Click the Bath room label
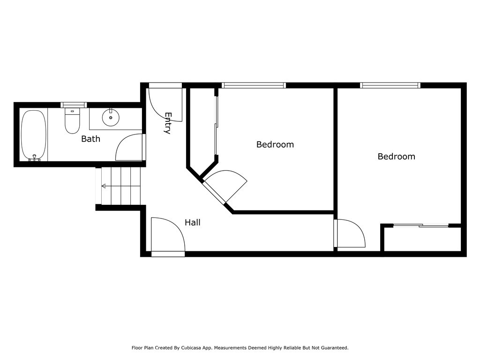click(90, 139)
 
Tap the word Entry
click(168, 123)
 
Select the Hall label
click(193, 222)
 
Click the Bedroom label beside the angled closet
click(275, 144)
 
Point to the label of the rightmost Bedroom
click(396, 157)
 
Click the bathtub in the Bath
click(34, 135)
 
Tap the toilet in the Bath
click(72, 121)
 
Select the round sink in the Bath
click(111, 117)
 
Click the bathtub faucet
click(34, 158)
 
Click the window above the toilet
click(74, 105)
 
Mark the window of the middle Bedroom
click(254, 85)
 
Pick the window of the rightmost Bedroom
click(390, 85)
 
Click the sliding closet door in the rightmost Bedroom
click(421, 225)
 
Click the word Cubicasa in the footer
click(192, 348)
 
